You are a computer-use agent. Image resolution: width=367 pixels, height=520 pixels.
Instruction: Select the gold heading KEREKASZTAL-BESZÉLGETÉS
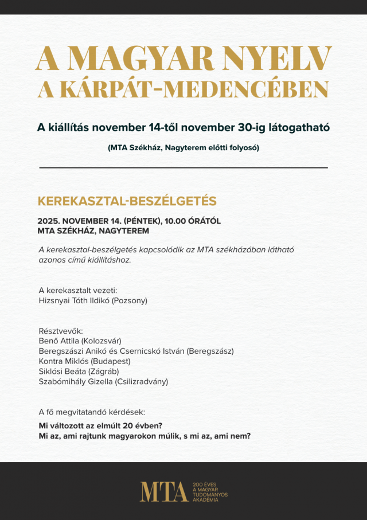(127, 201)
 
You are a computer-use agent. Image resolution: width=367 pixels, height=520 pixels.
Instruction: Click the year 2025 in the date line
(48, 221)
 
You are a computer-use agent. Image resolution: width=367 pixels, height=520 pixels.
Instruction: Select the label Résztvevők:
(61, 331)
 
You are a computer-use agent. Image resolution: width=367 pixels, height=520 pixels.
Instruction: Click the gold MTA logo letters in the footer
(164, 492)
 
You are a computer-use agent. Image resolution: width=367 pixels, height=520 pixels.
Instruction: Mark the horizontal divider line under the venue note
(183, 167)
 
